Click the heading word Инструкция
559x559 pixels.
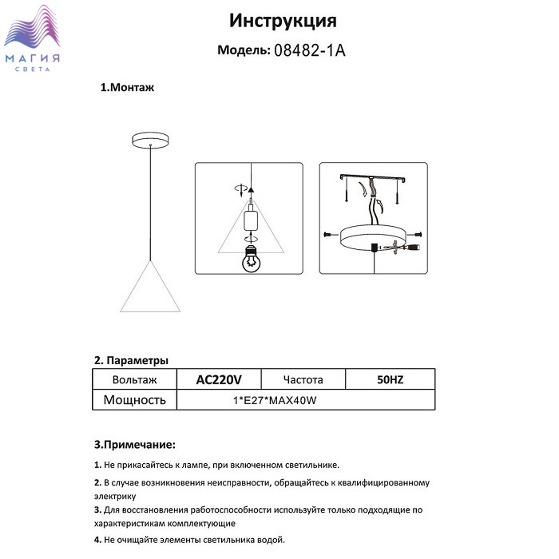pos(283,20)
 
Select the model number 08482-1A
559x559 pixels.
pos(310,50)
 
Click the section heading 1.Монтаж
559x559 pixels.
pos(127,88)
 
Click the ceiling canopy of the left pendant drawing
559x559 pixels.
pos(149,140)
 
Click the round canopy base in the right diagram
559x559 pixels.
pos(374,235)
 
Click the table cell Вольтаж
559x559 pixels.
pos(134,380)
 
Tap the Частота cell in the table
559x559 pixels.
pos(303,380)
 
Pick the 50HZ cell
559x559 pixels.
pos(390,380)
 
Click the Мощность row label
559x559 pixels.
pos(134,400)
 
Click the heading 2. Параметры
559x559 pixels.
pos(131,360)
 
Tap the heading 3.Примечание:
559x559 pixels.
pos(134,444)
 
